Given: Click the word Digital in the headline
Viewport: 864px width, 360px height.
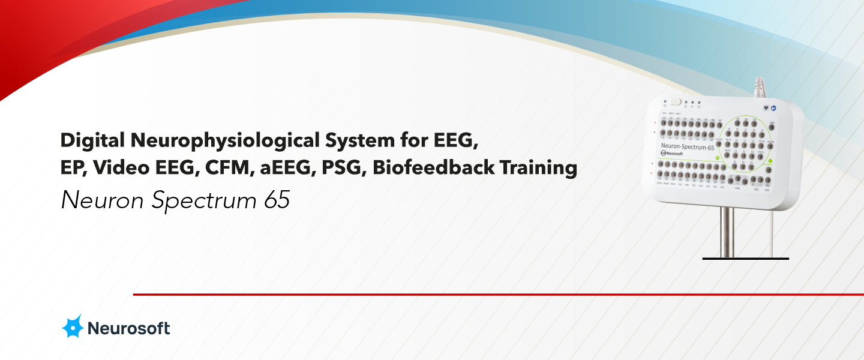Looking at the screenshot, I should coord(92,141).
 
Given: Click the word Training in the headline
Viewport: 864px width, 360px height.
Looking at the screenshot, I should coord(542,167).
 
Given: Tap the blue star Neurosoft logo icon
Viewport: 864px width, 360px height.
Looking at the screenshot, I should coord(73,326).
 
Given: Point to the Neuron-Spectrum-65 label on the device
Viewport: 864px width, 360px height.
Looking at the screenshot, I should coord(687,146).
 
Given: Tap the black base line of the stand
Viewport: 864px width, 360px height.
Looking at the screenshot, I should coord(746,259).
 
